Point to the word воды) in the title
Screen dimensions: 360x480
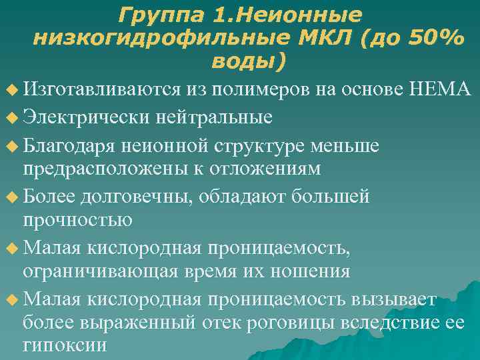[248, 62]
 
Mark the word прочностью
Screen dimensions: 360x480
[77, 219]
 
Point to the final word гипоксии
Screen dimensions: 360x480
[65, 346]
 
